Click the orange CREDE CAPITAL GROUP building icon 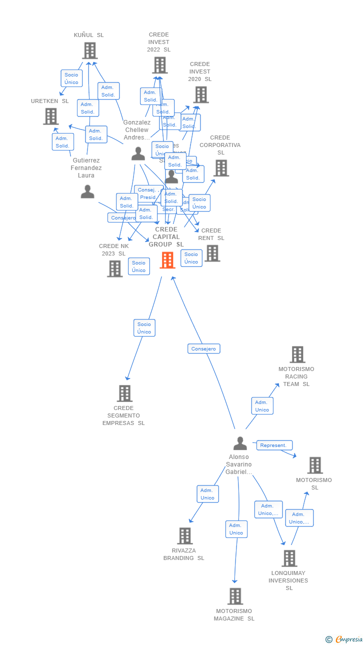tap(167, 260)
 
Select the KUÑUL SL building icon tap(89, 50)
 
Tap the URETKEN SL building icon tap(50, 116)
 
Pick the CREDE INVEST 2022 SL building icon tap(159, 65)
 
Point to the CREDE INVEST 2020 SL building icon tap(200, 94)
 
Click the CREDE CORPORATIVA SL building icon tap(221, 168)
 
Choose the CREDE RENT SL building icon tap(212, 253)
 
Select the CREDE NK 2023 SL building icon tap(114, 268)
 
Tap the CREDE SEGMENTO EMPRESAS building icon tap(124, 393)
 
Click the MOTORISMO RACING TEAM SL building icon tap(297, 354)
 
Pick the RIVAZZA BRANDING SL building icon tap(184, 536)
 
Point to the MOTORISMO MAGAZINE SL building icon tap(235, 596)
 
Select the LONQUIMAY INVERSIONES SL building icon tap(289, 558)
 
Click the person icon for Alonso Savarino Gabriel tap(240, 443)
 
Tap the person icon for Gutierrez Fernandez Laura tap(87, 191)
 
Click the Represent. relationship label tap(274, 445)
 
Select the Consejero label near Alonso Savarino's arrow tap(204, 348)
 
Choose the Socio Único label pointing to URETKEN tap(71, 78)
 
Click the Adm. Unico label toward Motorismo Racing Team tap(262, 406)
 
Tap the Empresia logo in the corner tap(345, 639)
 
